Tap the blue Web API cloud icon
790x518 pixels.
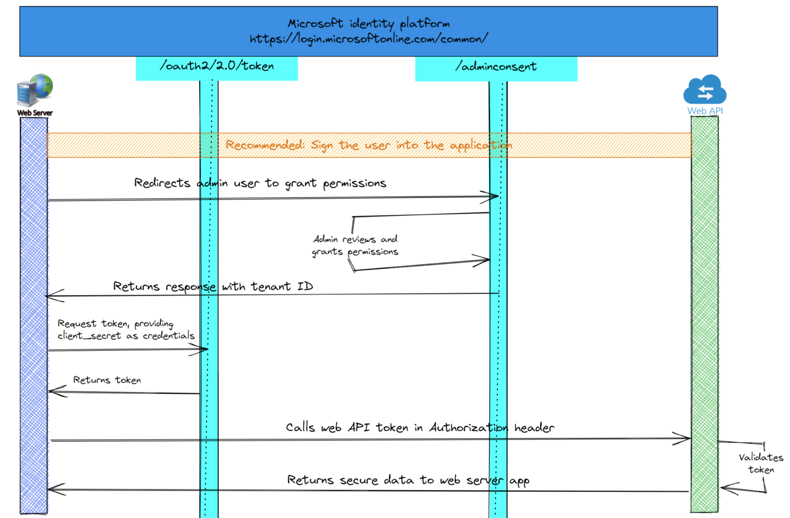tap(705, 90)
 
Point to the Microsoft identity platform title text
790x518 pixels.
tap(368, 24)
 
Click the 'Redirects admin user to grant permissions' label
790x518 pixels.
tap(260, 183)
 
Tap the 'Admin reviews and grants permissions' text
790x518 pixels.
tap(355, 246)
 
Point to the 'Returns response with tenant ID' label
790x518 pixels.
tap(213, 287)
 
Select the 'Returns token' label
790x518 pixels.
tap(107, 380)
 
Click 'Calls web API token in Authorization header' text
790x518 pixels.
tap(420, 428)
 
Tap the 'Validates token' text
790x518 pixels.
tap(761, 464)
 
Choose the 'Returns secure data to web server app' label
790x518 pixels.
tap(408, 480)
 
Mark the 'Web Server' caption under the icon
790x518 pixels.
tap(34, 113)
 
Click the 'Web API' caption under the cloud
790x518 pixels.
tap(705, 111)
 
